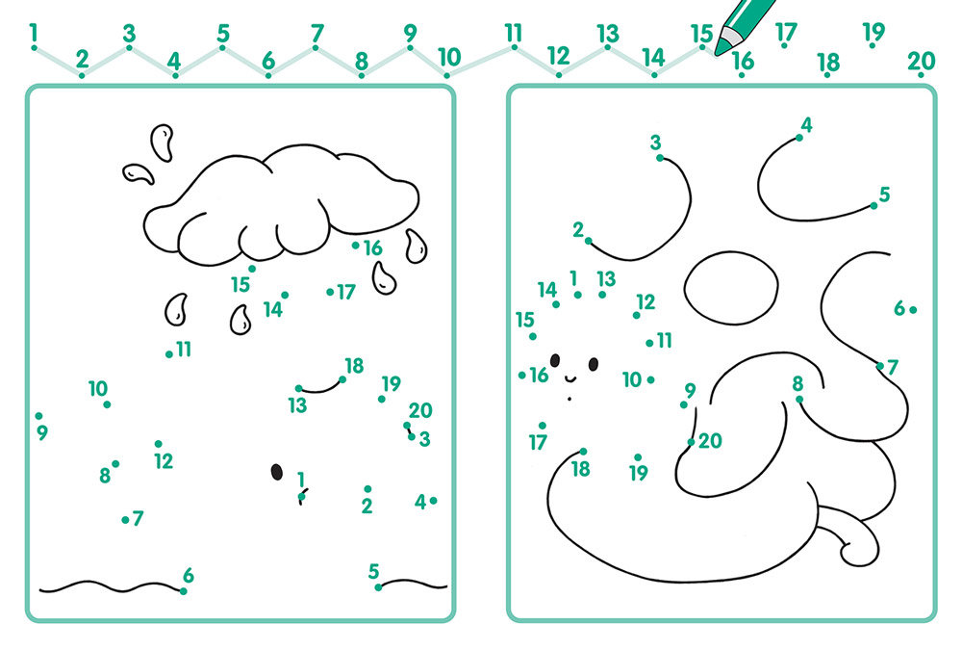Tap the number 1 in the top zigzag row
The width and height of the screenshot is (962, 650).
(33, 33)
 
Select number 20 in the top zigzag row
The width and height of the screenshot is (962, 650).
(921, 61)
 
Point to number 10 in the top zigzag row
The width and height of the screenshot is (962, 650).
(449, 57)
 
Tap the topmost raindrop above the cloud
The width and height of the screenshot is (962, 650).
(163, 142)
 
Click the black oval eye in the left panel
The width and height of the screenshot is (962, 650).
(277, 472)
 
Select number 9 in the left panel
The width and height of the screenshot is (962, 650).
(41, 432)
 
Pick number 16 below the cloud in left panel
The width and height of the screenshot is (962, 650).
(372, 248)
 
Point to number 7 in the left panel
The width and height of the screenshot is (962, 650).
(138, 518)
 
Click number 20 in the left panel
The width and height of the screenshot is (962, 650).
(420, 410)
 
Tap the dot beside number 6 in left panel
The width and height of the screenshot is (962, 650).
(183, 591)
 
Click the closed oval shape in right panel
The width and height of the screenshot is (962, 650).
(731, 288)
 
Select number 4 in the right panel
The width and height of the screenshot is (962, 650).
(806, 125)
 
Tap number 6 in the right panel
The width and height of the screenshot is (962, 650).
(899, 308)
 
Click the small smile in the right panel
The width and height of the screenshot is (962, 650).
(570, 377)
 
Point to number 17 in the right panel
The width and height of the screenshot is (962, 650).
(538, 442)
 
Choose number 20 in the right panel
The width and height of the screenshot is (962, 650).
(710, 440)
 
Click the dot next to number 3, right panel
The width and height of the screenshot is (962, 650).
(660, 158)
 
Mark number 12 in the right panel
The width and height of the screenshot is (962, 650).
(646, 301)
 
